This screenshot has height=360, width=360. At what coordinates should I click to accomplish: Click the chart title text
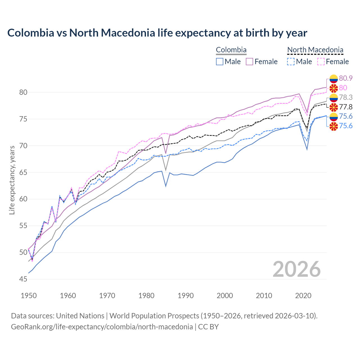click(157, 33)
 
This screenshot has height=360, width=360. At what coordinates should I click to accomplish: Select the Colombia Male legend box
click(220, 62)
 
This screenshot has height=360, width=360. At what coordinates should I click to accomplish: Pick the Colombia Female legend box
click(250, 62)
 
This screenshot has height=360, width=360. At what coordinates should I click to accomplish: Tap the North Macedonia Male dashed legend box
click(291, 62)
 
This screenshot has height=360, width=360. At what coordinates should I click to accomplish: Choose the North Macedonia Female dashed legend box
click(321, 62)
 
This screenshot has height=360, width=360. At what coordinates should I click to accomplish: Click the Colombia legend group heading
click(231, 50)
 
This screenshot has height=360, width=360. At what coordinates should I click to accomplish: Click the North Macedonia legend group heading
click(315, 50)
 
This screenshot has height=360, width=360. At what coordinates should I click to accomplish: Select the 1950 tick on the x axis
click(29, 296)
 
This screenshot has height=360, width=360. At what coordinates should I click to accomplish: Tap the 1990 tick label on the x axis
click(186, 296)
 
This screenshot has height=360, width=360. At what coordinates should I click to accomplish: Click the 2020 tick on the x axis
click(303, 296)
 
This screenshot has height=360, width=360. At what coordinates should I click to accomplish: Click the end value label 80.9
click(346, 78)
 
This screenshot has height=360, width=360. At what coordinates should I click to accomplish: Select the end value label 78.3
click(346, 97)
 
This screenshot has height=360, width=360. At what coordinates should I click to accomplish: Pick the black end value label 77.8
click(346, 107)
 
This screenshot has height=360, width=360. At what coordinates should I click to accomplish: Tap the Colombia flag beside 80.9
click(334, 79)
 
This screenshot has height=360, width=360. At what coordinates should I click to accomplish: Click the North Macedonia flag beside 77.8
click(334, 107)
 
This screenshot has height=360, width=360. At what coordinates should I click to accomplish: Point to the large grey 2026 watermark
click(297, 269)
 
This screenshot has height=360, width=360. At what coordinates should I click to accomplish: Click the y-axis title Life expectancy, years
click(12, 180)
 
